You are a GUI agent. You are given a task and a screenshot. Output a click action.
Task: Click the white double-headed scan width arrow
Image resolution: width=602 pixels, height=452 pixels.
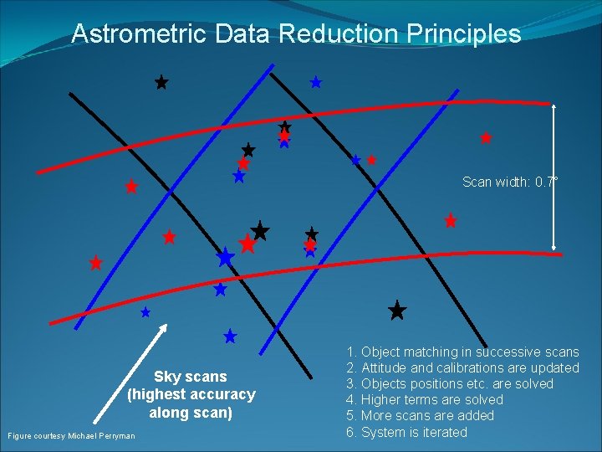554,176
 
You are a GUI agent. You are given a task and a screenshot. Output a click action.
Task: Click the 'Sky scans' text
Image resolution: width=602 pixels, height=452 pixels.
191,377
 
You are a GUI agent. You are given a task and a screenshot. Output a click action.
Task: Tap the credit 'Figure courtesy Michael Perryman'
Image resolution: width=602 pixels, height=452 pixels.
71,435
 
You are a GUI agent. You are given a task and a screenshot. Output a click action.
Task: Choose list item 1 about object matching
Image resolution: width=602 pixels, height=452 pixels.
462,352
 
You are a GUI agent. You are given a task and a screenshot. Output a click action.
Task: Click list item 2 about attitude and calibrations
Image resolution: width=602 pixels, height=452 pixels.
462,368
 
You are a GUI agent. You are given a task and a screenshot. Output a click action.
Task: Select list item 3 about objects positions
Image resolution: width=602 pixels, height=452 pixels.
450,384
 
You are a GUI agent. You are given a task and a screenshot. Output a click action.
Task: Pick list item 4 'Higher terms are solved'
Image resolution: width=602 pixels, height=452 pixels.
425,400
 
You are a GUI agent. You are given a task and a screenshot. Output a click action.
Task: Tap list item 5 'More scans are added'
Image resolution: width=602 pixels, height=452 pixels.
420,416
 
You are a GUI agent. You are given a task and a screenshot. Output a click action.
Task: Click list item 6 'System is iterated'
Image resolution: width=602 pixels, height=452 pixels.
406,432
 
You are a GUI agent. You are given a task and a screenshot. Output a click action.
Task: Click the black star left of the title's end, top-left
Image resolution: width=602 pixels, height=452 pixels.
161,83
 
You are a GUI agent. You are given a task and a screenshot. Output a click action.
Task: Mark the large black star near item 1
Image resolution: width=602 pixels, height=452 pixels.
397,311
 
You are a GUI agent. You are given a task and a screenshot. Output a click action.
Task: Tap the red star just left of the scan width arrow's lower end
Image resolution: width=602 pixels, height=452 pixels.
451,222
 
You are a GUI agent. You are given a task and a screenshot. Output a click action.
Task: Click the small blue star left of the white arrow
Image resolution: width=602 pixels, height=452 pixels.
145,312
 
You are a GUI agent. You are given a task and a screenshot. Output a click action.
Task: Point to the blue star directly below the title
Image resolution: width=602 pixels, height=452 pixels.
316,82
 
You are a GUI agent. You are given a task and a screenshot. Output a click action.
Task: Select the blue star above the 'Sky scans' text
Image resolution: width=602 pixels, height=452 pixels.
230,336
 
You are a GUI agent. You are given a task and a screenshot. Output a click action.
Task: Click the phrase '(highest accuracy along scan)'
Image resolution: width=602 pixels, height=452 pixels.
191,403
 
